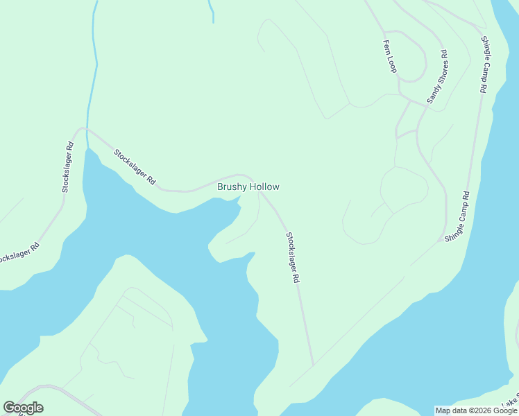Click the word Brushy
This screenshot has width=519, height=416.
(x=232, y=187)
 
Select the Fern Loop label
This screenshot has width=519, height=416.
(x=389, y=55)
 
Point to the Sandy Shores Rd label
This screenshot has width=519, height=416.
(x=437, y=77)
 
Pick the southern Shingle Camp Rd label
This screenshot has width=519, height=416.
(x=458, y=216)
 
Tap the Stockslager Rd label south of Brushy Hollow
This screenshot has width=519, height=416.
(x=292, y=257)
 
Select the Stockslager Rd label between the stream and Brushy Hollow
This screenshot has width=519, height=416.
(x=135, y=167)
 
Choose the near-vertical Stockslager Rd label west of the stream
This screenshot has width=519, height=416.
(x=67, y=167)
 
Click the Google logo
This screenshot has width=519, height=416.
(x=23, y=408)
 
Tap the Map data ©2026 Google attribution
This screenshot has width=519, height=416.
(x=475, y=410)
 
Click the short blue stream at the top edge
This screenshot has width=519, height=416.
(x=210, y=10)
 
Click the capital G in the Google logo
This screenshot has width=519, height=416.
(x=9, y=408)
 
